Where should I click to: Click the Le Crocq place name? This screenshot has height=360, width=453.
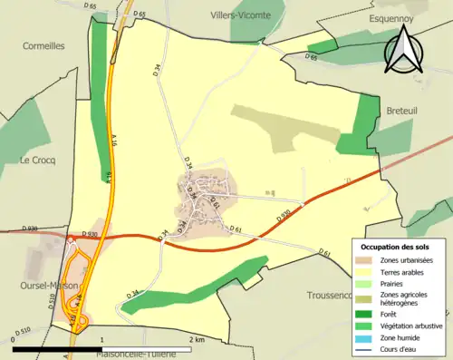click(x=37, y=160)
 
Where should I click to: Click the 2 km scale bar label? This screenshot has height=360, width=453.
click(x=197, y=339)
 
